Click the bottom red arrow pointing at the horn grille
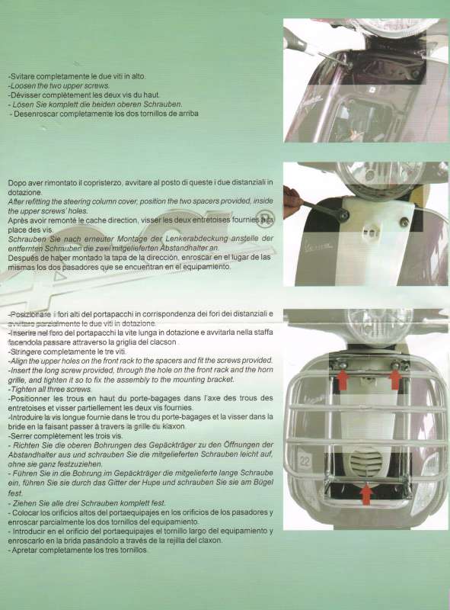pyautogui.click(x=366, y=493)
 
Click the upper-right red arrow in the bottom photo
pyautogui.click(x=394, y=377)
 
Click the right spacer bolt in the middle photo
pyautogui.click(x=404, y=222)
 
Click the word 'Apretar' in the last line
pyautogui.click(x=24, y=550)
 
